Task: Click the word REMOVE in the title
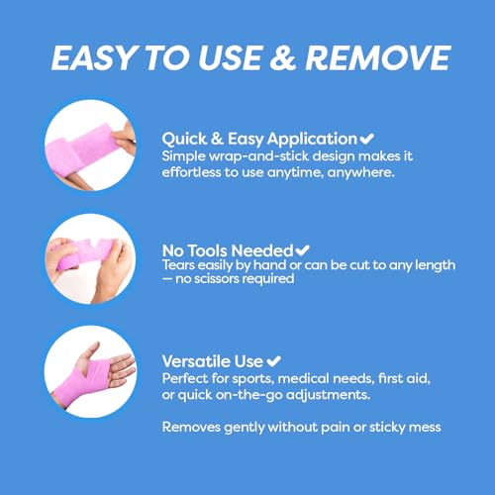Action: click(378, 57)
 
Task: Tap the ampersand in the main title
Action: click(283, 57)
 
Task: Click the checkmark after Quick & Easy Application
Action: click(366, 139)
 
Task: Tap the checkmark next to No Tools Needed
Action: click(302, 250)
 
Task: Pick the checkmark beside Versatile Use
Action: click(273, 360)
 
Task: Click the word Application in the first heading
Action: click(312, 140)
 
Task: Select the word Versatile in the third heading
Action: click(196, 361)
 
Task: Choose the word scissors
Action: click(217, 279)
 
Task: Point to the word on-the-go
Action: click(249, 395)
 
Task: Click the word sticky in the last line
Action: click(387, 428)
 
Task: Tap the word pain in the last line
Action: click(335, 428)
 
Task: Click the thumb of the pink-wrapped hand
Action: click(89, 352)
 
